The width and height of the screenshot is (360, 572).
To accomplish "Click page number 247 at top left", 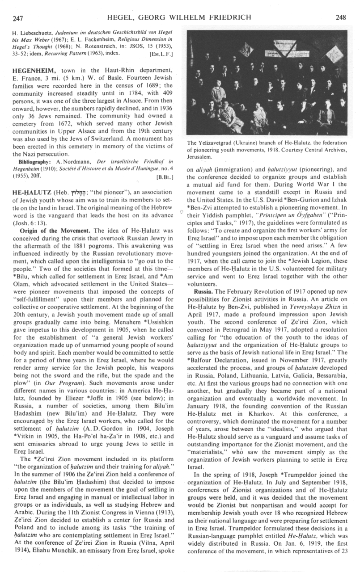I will tap(18, 18).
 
